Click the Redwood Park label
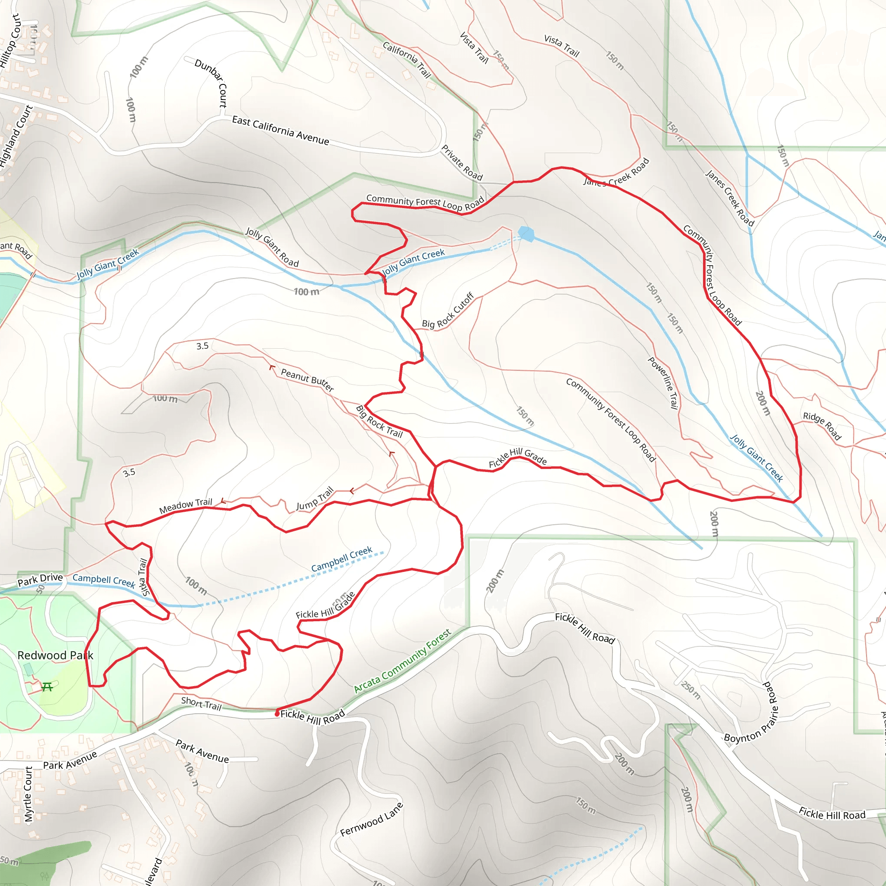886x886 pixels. [55, 655]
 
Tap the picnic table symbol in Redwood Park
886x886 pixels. [47, 687]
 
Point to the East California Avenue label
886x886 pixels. [280, 130]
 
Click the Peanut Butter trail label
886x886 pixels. [307, 380]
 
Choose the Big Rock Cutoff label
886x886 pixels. [448, 311]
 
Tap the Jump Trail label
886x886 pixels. [315, 499]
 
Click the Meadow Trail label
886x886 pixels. [185, 506]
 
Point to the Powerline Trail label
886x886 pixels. [663, 382]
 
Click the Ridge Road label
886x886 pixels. [822, 426]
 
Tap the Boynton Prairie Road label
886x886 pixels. [752, 714]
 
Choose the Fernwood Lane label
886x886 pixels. [372, 819]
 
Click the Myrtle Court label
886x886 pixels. [29, 794]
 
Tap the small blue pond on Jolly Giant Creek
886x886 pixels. [526, 234]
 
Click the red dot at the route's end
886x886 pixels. [277, 714]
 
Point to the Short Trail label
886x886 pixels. [201, 703]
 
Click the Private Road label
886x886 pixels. [462, 163]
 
